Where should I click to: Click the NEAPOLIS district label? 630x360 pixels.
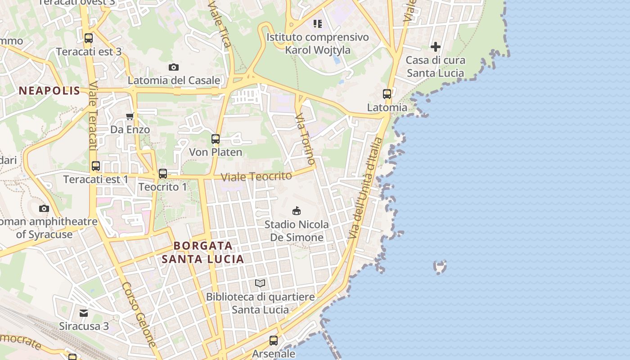point(49,91)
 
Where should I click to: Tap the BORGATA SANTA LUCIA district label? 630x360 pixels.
point(203,252)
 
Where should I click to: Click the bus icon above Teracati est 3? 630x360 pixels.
point(89,38)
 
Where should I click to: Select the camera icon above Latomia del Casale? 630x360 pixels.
point(174,67)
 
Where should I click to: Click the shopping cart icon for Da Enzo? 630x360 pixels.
point(130,117)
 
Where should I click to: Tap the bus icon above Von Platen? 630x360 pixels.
point(216,139)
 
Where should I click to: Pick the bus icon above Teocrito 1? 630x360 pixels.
point(163,173)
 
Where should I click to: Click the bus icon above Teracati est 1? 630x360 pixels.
point(96,166)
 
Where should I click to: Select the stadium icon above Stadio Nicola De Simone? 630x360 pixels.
point(297,211)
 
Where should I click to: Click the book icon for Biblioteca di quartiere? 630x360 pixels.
point(260,283)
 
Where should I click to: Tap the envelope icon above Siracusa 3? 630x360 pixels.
point(84,313)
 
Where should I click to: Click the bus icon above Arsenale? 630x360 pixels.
point(274,341)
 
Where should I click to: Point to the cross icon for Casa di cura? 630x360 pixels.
point(435,46)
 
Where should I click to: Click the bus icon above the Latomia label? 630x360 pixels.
point(387,94)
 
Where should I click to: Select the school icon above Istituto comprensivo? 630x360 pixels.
point(318,24)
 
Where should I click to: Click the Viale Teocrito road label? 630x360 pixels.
point(256,176)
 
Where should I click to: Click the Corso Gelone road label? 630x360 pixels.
point(139,314)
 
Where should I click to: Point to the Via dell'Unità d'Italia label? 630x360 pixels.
point(365,189)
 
